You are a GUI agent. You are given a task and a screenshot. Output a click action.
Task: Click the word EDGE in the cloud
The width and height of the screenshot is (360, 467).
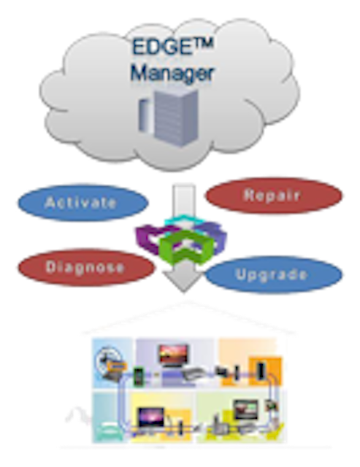pyautogui.click(x=161, y=47)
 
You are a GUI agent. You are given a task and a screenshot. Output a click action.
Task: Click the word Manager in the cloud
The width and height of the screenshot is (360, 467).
pyautogui.click(x=172, y=73)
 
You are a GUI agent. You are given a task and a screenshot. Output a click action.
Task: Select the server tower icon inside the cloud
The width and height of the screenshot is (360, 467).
pyautogui.click(x=169, y=117)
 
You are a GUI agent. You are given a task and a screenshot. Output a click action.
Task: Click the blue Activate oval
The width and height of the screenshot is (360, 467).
pyautogui.click(x=83, y=203)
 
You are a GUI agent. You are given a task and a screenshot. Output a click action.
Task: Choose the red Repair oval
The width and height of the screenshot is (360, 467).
pyautogui.click(x=274, y=196)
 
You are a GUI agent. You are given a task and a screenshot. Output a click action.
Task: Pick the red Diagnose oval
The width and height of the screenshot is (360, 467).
pyautogui.click(x=86, y=267)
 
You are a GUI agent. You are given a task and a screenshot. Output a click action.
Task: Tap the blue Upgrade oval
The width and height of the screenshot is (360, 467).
pyautogui.click(x=274, y=274)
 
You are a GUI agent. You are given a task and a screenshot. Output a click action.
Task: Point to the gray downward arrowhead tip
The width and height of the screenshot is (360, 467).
pyautogui.click(x=183, y=292)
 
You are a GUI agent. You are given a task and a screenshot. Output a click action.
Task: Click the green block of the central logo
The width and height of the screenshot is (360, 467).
pyautogui.click(x=186, y=247)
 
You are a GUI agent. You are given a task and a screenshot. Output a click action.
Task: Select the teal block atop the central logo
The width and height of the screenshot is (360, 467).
pyautogui.click(x=183, y=220)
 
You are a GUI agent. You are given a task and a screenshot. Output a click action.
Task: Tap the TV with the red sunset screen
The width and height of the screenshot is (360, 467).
pyautogui.click(x=173, y=355)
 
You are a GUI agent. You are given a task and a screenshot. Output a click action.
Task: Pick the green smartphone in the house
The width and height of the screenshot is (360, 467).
pyautogui.click(x=139, y=377)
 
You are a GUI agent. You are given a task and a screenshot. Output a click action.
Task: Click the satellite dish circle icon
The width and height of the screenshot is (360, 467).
pyautogui.click(x=109, y=360)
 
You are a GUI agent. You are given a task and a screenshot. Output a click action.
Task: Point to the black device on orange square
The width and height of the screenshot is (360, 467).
pyautogui.click(x=261, y=371)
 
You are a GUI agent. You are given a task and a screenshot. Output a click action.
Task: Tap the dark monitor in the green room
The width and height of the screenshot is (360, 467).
pyautogui.click(x=245, y=410)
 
